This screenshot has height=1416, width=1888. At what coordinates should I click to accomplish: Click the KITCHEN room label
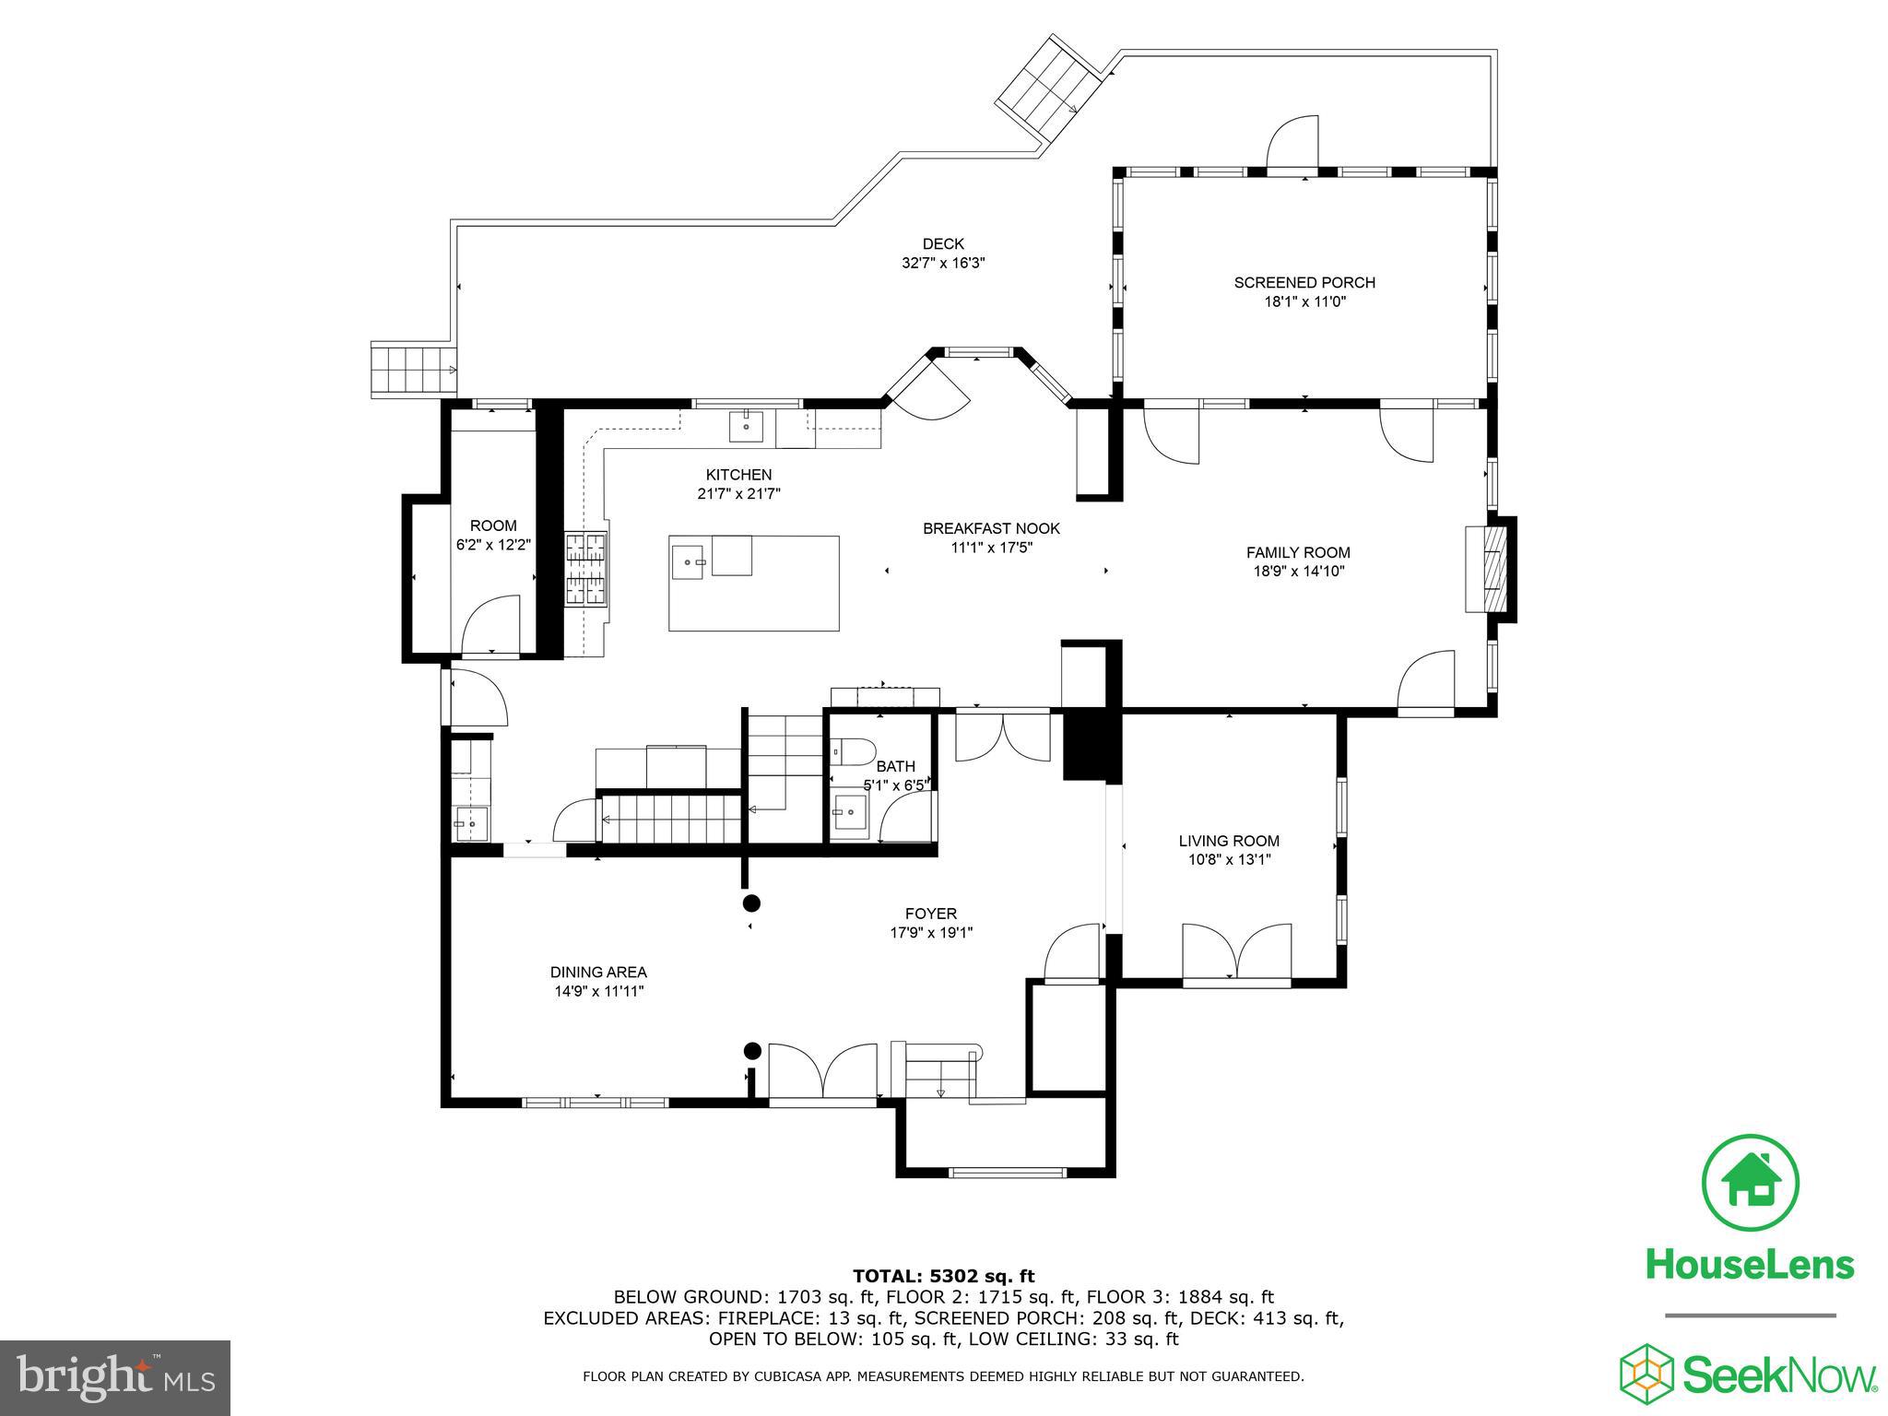[x=738, y=475]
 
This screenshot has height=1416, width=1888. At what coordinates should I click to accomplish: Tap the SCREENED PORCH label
[x=1304, y=283]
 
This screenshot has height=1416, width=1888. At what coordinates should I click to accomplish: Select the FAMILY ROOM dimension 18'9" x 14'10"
[x=1298, y=572]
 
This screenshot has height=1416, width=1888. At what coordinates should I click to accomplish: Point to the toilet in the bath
[x=852, y=751]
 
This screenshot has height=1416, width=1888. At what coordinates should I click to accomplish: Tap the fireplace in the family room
[x=1488, y=568]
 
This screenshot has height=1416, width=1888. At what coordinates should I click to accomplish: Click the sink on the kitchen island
[x=688, y=560]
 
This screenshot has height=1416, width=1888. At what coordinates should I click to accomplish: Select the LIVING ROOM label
[x=1229, y=841]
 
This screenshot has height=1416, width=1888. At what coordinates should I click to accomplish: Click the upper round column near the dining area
[x=751, y=903]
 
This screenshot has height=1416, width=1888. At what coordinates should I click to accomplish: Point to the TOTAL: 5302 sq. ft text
[x=943, y=1277]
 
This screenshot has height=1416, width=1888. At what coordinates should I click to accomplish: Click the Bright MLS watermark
[x=114, y=1378]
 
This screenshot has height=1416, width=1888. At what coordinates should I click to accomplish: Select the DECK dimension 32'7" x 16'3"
[x=943, y=263]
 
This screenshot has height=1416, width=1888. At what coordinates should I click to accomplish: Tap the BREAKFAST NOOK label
[x=991, y=528]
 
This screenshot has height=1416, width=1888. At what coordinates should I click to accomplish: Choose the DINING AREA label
[x=598, y=972]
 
